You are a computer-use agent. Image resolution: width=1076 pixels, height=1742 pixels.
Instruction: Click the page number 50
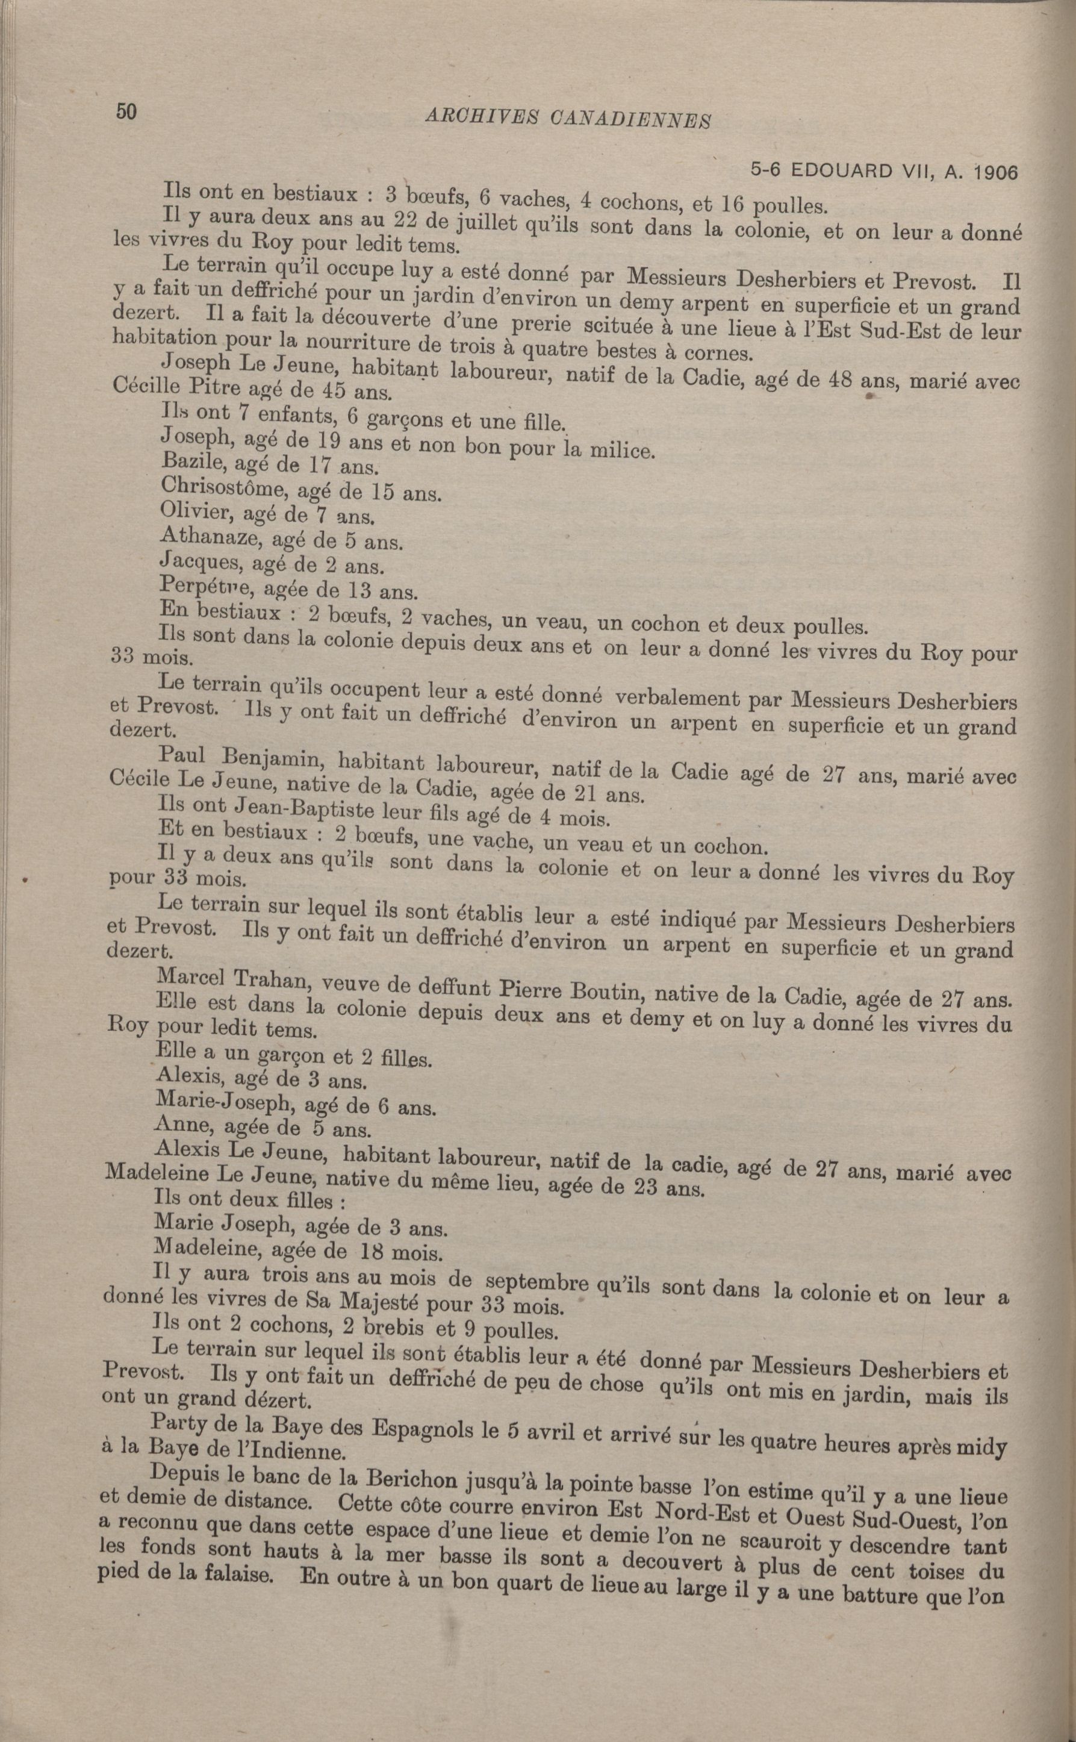point(125,112)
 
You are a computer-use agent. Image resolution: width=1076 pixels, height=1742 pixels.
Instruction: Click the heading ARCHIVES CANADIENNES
point(568,119)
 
